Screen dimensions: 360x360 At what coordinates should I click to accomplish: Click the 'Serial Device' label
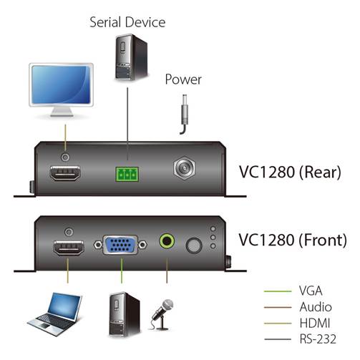coord(127,22)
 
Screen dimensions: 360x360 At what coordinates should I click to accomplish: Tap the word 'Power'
coord(183,79)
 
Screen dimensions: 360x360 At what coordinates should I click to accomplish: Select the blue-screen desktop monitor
coord(61,89)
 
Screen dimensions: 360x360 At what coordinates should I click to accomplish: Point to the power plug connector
coord(185,114)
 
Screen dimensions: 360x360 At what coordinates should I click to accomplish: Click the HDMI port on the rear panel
coord(65,173)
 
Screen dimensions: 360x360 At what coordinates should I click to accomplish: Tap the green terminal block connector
coord(127,175)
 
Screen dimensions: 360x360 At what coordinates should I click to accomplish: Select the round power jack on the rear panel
coord(184,168)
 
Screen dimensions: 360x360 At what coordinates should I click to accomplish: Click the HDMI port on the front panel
coord(69,248)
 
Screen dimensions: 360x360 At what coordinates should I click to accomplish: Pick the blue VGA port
coord(120,245)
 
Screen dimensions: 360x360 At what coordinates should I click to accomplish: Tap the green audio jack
coord(167,241)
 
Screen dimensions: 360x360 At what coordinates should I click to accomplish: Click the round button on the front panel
coord(194,245)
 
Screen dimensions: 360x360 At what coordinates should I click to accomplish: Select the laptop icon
coord(56,313)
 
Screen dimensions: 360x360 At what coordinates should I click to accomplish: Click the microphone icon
coord(162,314)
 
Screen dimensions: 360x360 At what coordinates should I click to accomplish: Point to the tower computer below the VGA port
coord(125,314)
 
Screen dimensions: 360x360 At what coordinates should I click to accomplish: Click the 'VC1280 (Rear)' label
coord(290,172)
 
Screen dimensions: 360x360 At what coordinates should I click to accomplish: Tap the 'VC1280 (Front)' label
coord(293,240)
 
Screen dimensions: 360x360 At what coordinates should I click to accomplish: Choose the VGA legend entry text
coord(311,291)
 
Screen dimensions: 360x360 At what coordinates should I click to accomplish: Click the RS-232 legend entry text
coord(318,339)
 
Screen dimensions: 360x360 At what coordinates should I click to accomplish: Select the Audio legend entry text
coord(316,307)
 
